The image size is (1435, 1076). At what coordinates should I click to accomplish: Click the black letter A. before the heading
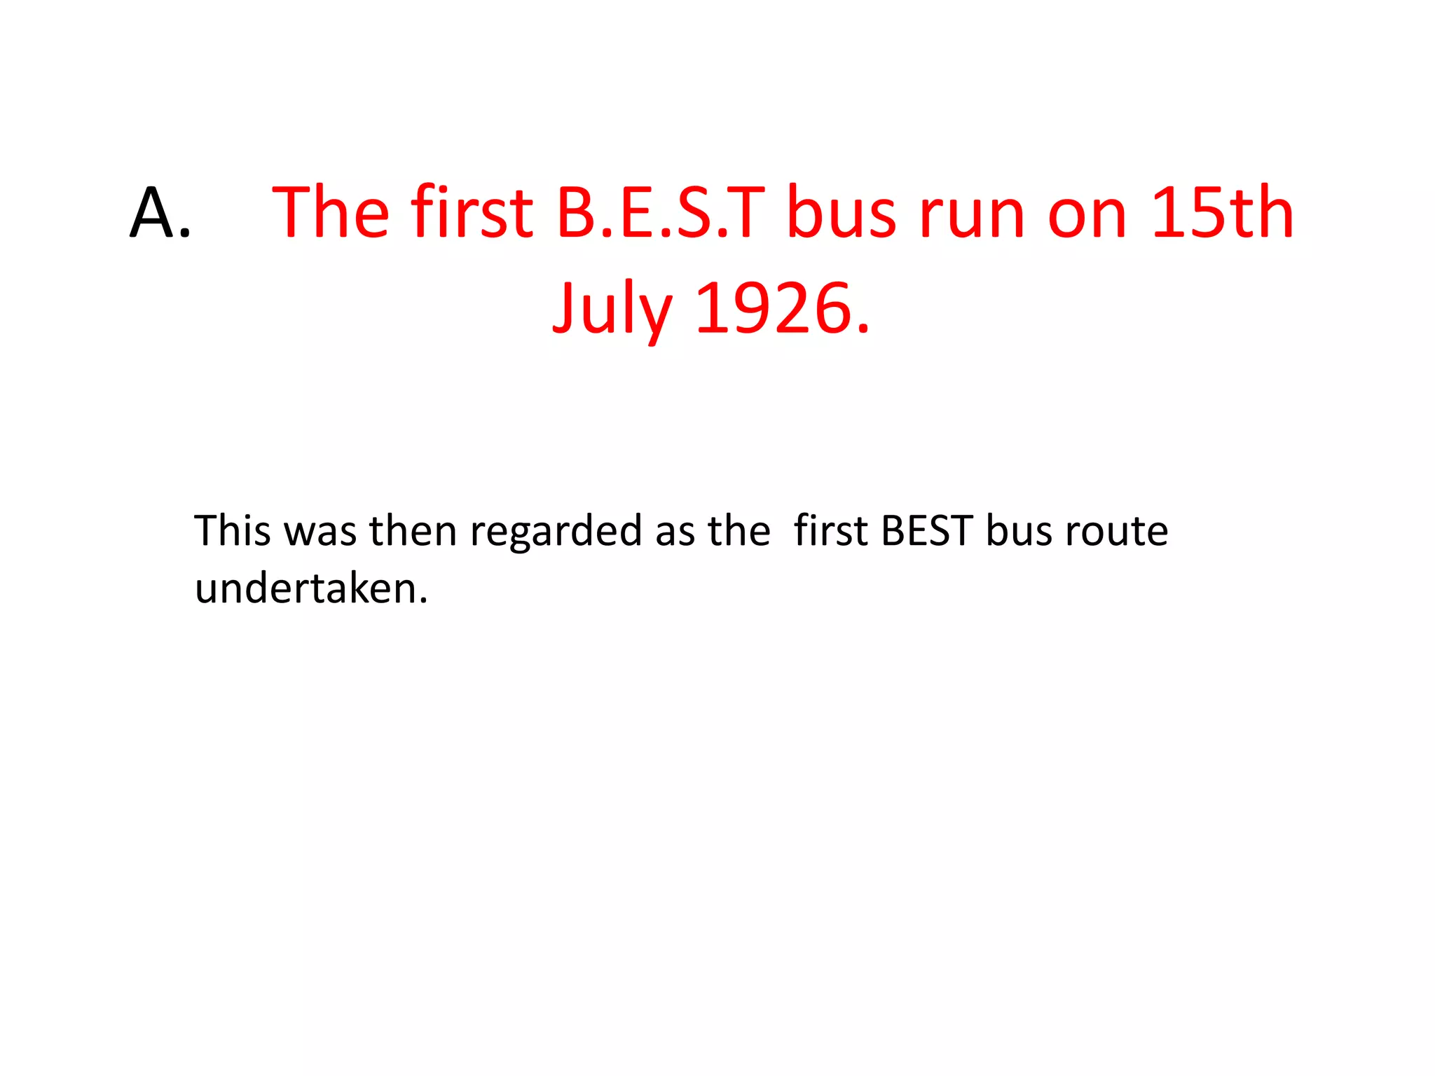point(160,213)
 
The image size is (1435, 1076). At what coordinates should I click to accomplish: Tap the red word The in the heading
point(330,213)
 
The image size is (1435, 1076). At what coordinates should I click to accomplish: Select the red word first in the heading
point(472,213)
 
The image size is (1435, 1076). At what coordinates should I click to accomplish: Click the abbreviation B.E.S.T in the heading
point(660,213)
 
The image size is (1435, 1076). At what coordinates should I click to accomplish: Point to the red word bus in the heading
point(842,213)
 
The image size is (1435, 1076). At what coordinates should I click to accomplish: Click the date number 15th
point(1222,213)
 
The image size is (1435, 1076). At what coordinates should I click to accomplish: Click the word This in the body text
point(233,530)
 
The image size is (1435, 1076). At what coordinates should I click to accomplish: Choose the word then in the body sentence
point(413,530)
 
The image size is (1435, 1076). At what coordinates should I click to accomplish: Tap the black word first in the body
point(831,530)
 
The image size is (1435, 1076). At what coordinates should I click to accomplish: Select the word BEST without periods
point(927,530)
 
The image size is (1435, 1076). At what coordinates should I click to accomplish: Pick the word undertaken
point(311,588)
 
